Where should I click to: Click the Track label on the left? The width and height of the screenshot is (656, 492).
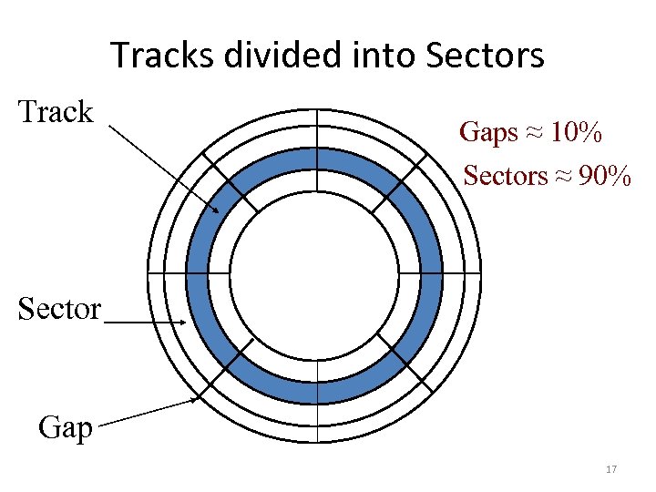(56, 112)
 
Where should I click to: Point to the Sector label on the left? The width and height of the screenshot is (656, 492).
(59, 309)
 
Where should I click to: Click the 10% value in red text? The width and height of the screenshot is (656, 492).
(576, 133)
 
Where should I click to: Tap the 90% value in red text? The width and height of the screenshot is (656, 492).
(604, 175)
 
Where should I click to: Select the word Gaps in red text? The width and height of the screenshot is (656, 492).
(489, 133)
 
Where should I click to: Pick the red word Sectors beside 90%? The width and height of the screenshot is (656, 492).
(505, 175)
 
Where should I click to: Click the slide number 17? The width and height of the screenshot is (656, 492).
(611, 469)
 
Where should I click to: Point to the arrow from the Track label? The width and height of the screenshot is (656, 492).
(164, 169)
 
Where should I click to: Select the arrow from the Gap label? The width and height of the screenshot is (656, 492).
(146, 411)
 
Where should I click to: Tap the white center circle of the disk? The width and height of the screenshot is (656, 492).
(314, 273)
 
